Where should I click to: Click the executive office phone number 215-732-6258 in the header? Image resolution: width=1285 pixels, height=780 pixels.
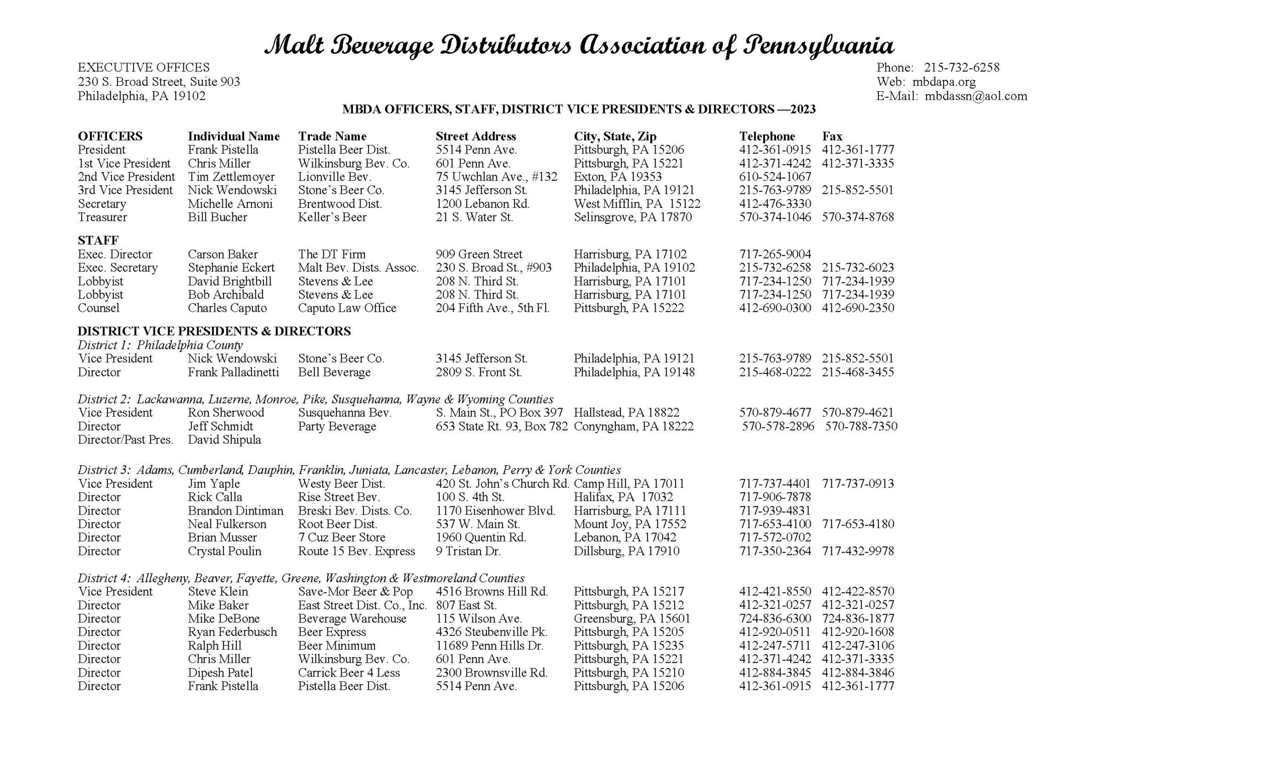click(x=962, y=68)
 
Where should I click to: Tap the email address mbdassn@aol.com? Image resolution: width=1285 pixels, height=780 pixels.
click(x=976, y=96)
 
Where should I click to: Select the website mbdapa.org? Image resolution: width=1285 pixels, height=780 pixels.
click(x=944, y=82)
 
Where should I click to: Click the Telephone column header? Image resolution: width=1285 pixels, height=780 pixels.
click(x=766, y=137)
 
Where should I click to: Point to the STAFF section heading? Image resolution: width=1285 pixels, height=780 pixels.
click(x=98, y=240)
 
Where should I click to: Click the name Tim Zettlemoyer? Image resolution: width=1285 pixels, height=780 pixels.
click(x=231, y=177)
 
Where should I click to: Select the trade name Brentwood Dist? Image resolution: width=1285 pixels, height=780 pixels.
click(x=339, y=204)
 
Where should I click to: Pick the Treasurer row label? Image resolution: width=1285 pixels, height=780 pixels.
click(x=102, y=217)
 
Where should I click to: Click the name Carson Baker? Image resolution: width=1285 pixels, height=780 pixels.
click(x=223, y=254)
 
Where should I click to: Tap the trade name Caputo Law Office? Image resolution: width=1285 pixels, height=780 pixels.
click(x=347, y=308)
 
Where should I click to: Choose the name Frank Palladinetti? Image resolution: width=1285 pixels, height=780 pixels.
click(x=233, y=372)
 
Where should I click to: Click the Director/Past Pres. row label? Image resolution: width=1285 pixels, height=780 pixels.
click(x=125, y=440)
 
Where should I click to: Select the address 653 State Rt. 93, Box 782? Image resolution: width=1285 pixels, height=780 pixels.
click(x=501, y=427)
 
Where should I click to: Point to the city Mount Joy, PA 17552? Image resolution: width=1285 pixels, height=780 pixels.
click(x=629, y=524)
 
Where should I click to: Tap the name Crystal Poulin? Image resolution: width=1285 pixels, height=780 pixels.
click(x=224, y=551)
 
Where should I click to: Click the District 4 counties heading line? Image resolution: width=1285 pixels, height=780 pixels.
click(x=301, y=578)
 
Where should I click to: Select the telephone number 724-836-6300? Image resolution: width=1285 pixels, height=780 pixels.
click(x=775, y=619)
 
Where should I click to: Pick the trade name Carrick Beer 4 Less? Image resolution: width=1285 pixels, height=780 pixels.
click(x=348, y=673)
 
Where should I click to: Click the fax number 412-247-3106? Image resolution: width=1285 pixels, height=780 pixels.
click(x=857, y=646)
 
